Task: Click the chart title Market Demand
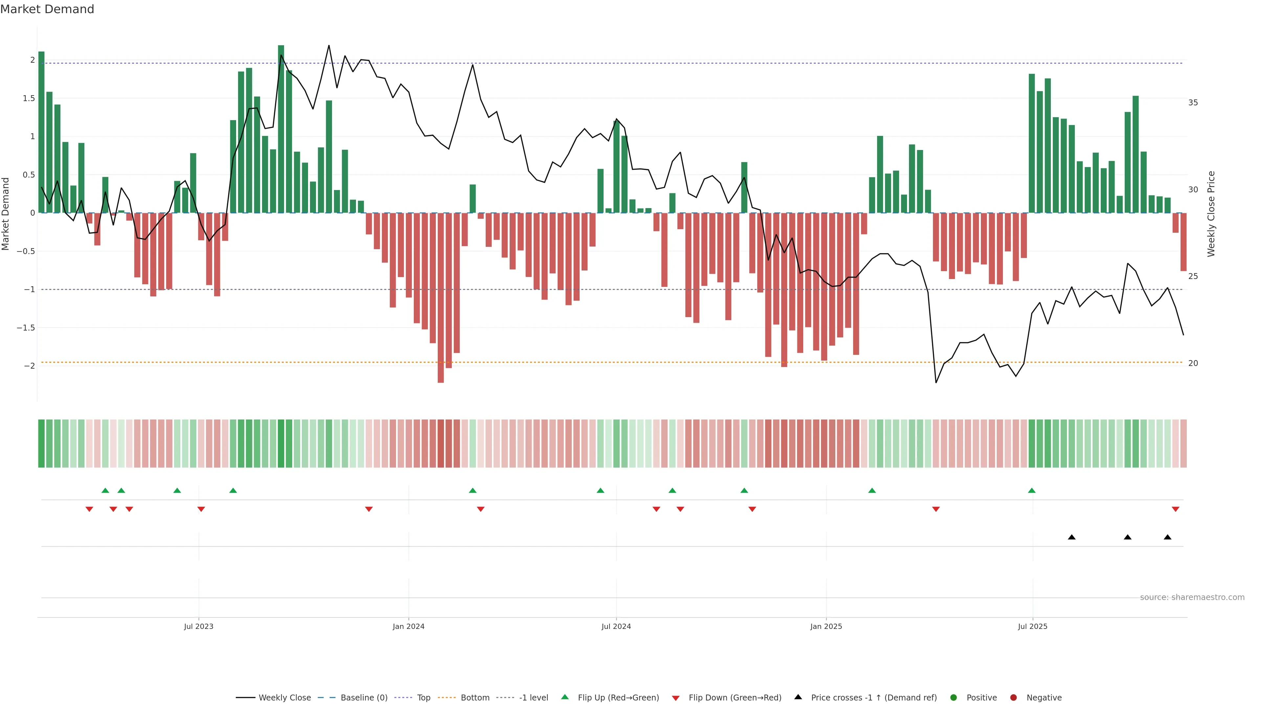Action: point(47,9)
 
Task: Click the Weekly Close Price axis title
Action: point(1211,214)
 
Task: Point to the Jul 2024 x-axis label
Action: point(616,626)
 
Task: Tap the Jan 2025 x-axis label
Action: point(826,626)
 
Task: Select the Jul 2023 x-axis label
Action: point(198,626)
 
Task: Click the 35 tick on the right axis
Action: point(1193,103)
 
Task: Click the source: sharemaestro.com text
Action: point(1192,597)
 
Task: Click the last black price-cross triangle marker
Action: point(1167,537)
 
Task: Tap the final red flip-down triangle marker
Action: point(1175,509)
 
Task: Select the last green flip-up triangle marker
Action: point(1032,490)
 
